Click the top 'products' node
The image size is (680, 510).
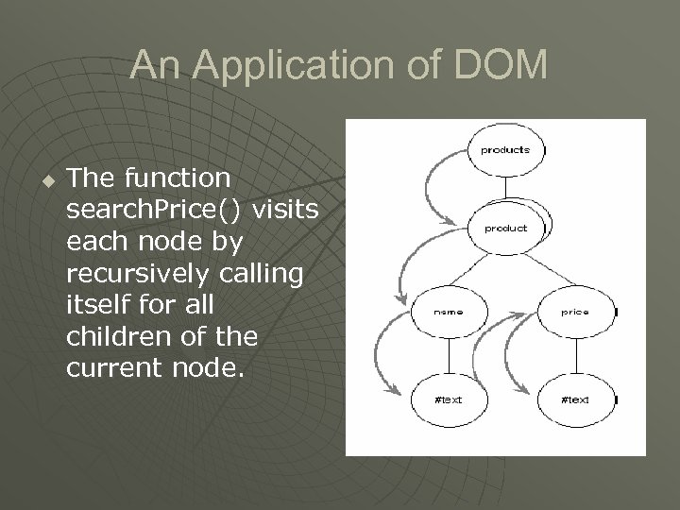click(505, 151)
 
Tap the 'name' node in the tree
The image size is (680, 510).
click(449, 310)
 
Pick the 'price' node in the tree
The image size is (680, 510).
click(575, 310)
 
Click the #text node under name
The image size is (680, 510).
click(449, 399)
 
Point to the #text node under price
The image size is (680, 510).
click(575, 399)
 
